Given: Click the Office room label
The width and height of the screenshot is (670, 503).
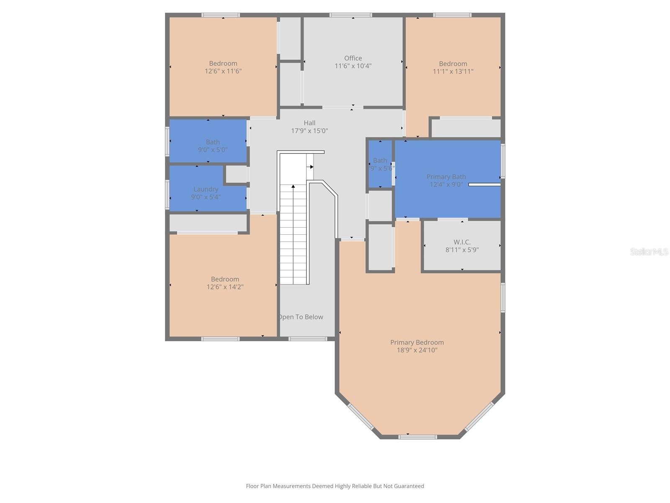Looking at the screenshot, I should [353, 58].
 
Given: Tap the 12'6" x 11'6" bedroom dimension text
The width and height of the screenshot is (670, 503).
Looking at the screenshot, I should [223, 71].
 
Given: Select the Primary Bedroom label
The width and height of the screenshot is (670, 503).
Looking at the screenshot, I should [417, 342].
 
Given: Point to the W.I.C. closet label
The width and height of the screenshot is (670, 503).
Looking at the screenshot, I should [462, 242].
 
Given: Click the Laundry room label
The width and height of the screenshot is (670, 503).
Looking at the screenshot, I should [206, 189].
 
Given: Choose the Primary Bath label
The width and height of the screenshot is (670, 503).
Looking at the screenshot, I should [446, 177].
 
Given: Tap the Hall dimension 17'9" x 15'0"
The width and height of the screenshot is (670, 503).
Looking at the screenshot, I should [309, 131].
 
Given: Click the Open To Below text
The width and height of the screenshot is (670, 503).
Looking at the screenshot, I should [301, 317].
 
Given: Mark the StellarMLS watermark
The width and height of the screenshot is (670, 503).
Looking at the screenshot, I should [649, 251].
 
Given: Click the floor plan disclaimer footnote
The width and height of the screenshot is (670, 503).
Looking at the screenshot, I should [335, 486].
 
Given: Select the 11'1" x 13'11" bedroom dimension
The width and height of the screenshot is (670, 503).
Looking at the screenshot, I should [453, 72].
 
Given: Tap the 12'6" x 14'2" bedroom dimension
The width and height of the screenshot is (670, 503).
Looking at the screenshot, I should [225, 287].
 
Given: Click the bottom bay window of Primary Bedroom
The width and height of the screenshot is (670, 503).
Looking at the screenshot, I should [417, 437].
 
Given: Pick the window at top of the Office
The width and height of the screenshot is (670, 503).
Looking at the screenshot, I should [350, 16].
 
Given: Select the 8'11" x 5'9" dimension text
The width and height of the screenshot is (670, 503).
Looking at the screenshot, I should [462, 250].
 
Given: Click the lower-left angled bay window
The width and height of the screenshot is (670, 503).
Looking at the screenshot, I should [361, 416].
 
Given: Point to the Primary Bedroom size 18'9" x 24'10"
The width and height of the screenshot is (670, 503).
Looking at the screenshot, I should [417, 350].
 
